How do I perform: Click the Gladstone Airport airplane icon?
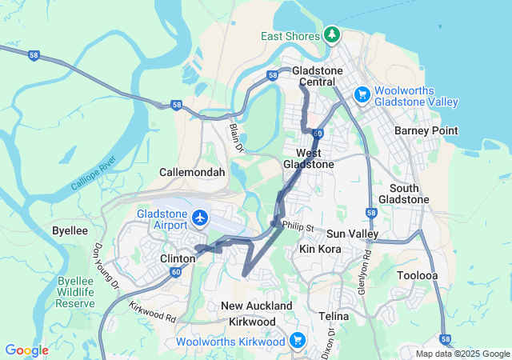point(199,217)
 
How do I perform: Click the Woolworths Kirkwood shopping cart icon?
point(298,340)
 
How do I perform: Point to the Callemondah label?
point(192,172)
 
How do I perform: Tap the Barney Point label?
point(426,130)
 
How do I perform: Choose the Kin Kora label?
point(320,250)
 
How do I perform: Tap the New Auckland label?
point(257,306)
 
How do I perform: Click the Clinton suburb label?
point(177,258)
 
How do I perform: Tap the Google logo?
point(26,350)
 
